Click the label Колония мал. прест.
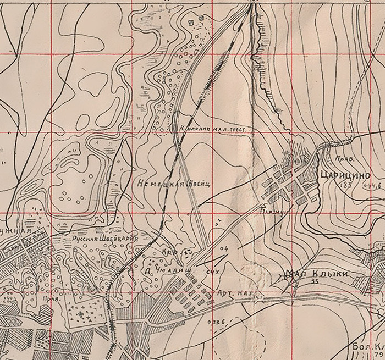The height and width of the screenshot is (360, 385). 212,128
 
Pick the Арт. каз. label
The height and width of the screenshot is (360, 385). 235,295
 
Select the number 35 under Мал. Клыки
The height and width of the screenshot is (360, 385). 315,282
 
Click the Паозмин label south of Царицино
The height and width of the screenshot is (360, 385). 274,209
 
